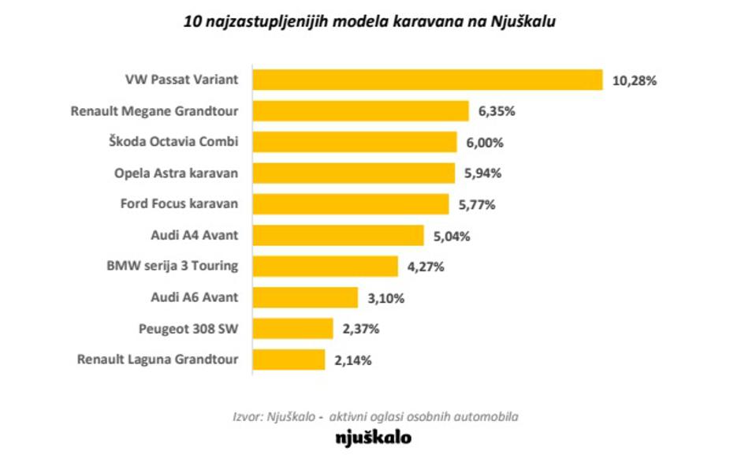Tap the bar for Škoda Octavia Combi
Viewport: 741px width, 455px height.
(x=354, y=142)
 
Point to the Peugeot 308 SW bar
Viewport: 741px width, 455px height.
(x=292, y=329)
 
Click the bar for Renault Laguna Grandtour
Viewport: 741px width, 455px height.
(x=288, y=360)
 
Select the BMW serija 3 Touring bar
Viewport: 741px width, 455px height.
(x=324, y=267)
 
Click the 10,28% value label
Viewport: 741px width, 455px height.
(x=635, y=80)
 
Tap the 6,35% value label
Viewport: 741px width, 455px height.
(x=497, y=111)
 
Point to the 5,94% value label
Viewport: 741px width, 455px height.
(x=483, y=173)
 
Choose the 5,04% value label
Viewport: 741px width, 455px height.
(x=452, y=236)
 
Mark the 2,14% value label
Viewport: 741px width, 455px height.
(x=352, y=360)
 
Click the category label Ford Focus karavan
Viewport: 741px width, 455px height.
(x=179, y=203)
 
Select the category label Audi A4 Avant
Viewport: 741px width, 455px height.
(x=194, y=234)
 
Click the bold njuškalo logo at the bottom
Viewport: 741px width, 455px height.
(x=373, y=436)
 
